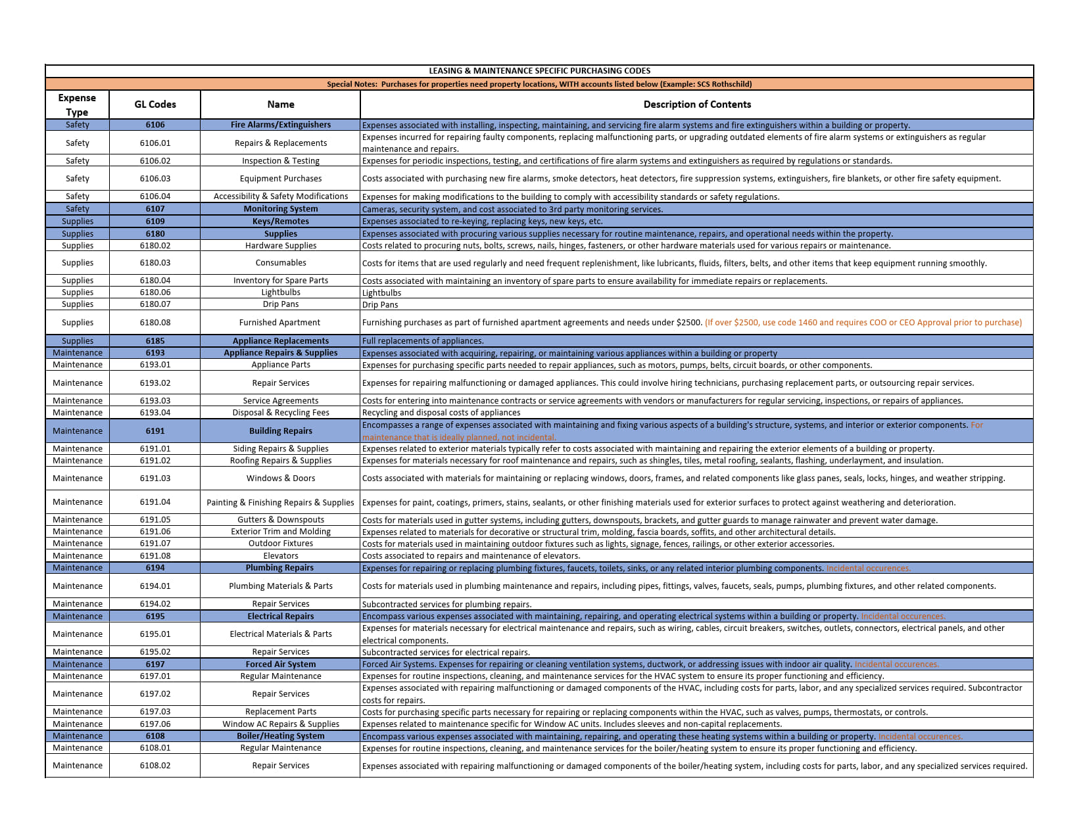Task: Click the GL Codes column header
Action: pyautogui.click(x=155, y=105)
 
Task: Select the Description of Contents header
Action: pyautogui.click(x=696, y=105)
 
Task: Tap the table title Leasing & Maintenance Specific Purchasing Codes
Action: pyautogui.click(x=539, y=71)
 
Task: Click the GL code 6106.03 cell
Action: pyautogui.click(x=155, y=179)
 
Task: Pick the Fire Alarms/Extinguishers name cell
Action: pyautogui.click(x=281, y=125)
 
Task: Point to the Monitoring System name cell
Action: pyautogui.click(x=281, y=209)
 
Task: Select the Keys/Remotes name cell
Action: pyautogui.click(x=281, y=221)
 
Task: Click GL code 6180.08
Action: pyautogui.click(x=155, y=323)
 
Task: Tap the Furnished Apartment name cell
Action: pyautogui.click(x=280, y=323)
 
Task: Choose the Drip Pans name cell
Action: pyautogui.click(x=281, y=304)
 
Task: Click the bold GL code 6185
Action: pyautogui.click(x=155, y=341)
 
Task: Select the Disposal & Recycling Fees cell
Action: pyautogui.click(x=281, y=413)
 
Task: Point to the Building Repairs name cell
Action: pyautogui.click(x=281, y=431)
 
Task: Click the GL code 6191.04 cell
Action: pyautogui.click(x=155, y=502)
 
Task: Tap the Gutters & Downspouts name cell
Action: pyautogui.click(x=281, y=520)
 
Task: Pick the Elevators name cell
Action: pyautogui.click(x=281, y=556)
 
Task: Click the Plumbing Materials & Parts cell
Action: pyautogui.click(x=281, y=586)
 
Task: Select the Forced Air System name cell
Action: pyautogui.click(x=281, y=664)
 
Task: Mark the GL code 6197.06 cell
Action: pyautogui.click(x=155, y=724)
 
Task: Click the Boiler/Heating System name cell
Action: pyautogui.click(x=281, y=736)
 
